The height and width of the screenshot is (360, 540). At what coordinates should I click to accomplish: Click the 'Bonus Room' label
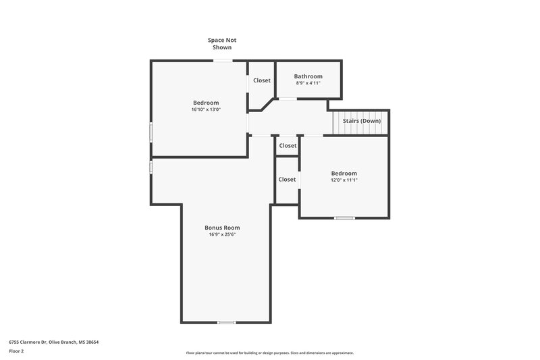(x=222, y=228)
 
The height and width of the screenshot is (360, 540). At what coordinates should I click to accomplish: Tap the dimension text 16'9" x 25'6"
(x=222, y=235)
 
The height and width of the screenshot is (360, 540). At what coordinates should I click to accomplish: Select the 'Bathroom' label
(x=308, y=76)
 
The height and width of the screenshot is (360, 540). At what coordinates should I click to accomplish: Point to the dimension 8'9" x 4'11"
(x=308, y=84)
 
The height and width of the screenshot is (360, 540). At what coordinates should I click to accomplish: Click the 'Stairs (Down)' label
(x=362, y=121)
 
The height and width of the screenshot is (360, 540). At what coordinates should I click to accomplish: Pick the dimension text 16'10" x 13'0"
(x=206, y=109)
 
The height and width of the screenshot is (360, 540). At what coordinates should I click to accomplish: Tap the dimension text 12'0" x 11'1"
(x=344, y=180)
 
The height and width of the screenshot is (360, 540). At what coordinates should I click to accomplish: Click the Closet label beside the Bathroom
(x=262, y=80)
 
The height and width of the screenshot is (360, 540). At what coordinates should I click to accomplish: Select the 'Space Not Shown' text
(x=222, y=44)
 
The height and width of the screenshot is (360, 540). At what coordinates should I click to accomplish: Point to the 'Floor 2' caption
(x=16, y=351)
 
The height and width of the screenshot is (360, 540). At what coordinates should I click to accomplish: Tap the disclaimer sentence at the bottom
(x=269, y=353)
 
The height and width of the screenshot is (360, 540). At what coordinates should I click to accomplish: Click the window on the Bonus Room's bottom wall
(x=227, y=322)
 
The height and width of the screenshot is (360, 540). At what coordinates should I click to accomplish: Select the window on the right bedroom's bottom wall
(x=344, y=217)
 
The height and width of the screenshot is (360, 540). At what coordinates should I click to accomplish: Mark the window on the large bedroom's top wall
(x=223, y=61)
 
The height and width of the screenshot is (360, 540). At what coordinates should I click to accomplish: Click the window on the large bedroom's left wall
(x=151, y=132)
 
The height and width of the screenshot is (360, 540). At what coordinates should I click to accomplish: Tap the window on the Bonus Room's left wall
(x=151, y=166)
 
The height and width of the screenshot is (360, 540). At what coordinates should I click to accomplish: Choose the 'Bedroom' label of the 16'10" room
(x=206, y=103)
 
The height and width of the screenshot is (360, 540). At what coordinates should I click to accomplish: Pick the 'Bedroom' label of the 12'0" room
(x=344, y=173)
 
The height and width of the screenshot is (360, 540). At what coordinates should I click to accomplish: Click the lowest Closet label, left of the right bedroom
(x=287, y=180)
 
